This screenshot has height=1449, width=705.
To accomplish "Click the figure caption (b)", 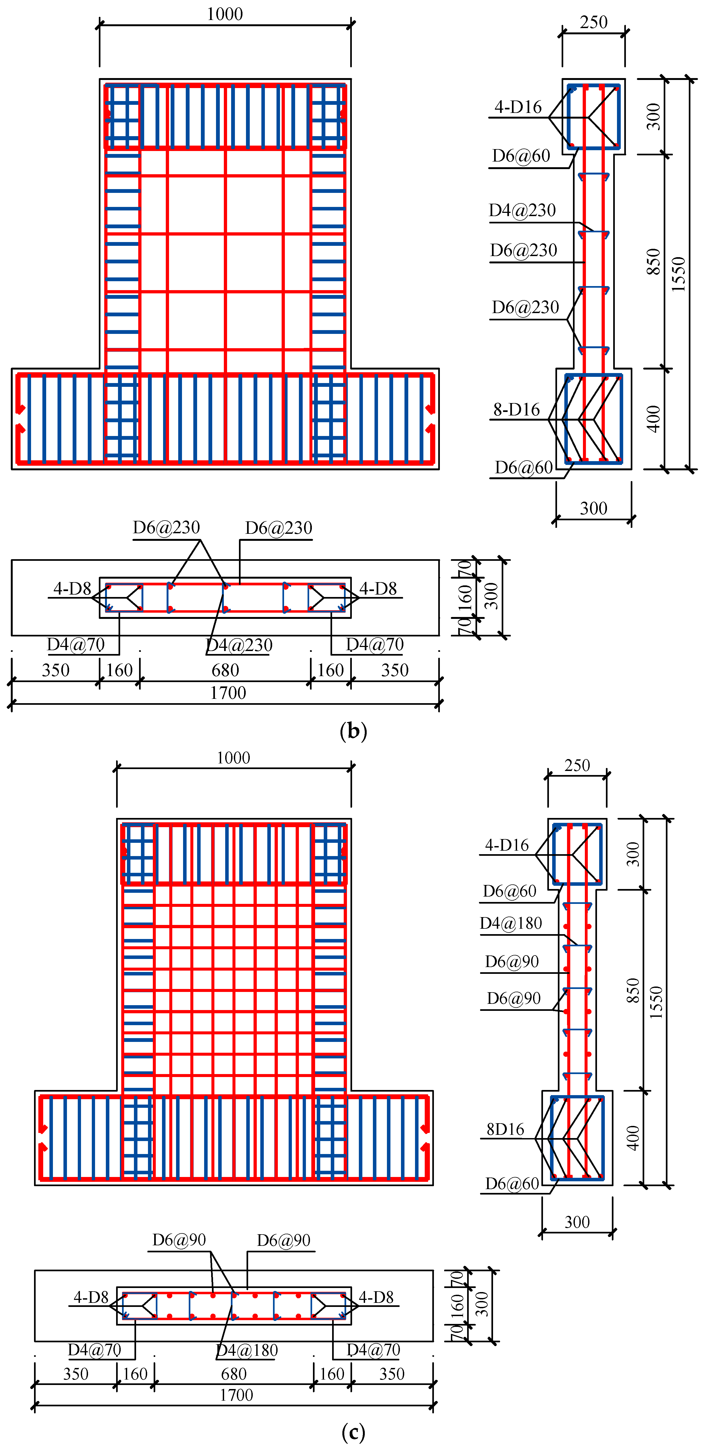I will [x=353, y=731].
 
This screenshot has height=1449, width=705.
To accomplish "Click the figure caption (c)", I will [x=353, y=1431].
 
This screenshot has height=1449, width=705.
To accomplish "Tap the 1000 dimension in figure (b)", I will [x=225, y=14].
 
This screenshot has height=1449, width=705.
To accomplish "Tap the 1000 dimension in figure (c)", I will [x=233, y=758].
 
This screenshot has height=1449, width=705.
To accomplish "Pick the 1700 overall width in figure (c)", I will [x=236, y=1395].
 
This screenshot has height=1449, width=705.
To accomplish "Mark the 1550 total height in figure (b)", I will [x=679, y=274].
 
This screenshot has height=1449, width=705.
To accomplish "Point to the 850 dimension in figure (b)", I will [x=653, y=261].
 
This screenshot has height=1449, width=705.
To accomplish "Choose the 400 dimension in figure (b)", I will [x=653, y=419].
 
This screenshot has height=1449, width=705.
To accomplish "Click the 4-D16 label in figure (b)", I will [x=518, y=107].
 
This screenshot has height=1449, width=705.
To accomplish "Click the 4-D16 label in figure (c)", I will [x=507, y=845].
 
